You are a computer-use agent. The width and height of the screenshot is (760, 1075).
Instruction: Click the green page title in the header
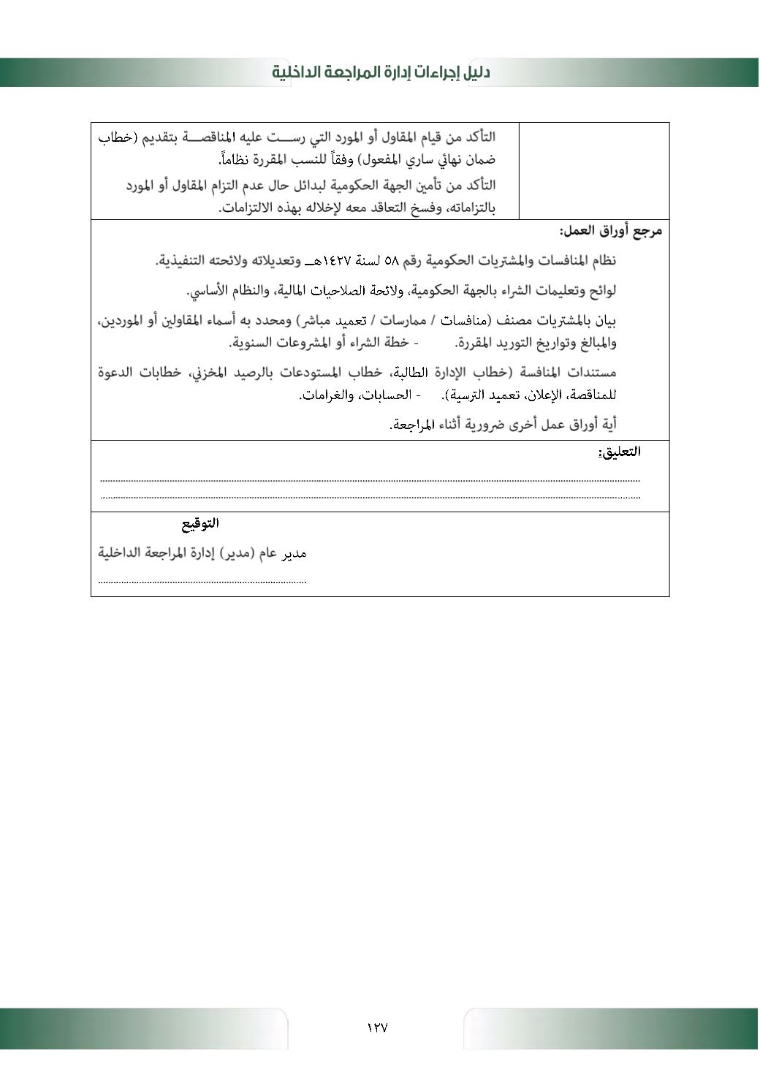pyautogui.click(x=381, y=72)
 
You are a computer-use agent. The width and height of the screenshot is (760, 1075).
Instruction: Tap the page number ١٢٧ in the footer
pyautogui.click(x=377, y=1027)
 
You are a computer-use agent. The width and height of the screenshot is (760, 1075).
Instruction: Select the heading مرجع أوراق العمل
pyautogui.click(x=611, y=232)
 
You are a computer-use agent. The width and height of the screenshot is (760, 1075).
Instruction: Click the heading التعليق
pyautogui.click(x=619, y=452)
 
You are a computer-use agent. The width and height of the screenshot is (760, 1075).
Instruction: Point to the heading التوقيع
pyautogui.click(x=200, y=523)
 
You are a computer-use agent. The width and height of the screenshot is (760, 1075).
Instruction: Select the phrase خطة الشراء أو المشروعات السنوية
pyautogui.click(x=319, y=343)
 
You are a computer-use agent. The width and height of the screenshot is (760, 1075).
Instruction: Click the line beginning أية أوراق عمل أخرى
pyautogui.click(x=503, y=425)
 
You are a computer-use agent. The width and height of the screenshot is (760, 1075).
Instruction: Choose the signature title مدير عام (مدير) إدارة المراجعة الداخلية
pyautogui.click(x=202, y=553)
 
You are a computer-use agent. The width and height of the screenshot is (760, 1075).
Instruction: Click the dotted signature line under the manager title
pyautogui.click(x=202, y=582)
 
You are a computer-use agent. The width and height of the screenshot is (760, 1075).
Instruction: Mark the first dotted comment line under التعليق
pyautogui.click(x=370, y=481)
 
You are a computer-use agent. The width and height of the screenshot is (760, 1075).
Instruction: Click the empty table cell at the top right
pyautogui.click(x=593, y=171)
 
